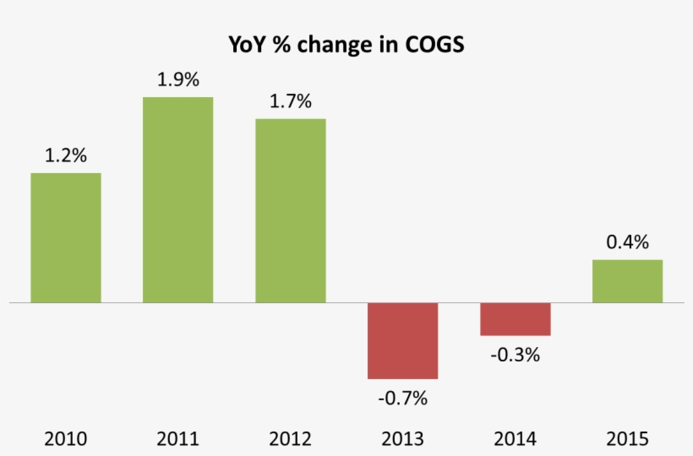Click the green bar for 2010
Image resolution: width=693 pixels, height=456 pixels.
66,237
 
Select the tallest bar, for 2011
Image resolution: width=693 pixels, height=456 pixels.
177,199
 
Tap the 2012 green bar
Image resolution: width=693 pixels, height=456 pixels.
290,210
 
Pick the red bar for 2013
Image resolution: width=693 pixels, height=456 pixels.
402,340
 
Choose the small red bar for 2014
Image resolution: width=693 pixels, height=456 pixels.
515,319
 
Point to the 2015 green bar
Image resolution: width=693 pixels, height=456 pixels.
627,280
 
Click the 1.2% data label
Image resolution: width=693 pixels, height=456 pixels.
66,155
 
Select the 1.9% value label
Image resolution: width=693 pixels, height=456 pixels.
177,80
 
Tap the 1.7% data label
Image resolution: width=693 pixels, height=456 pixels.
290,101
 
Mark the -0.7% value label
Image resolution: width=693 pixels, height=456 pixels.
402,397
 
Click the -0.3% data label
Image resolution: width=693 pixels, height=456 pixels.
515,355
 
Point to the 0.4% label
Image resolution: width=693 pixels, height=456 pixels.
627,242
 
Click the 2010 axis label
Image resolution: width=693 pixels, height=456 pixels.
66,439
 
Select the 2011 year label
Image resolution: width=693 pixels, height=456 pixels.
177,439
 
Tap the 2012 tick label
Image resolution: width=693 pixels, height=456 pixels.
290,439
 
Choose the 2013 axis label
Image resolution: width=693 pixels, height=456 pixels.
402,439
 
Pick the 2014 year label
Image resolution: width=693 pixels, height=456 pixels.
515,439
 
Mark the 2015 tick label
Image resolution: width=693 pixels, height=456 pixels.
627,439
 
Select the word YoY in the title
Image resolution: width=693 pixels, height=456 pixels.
248,44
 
